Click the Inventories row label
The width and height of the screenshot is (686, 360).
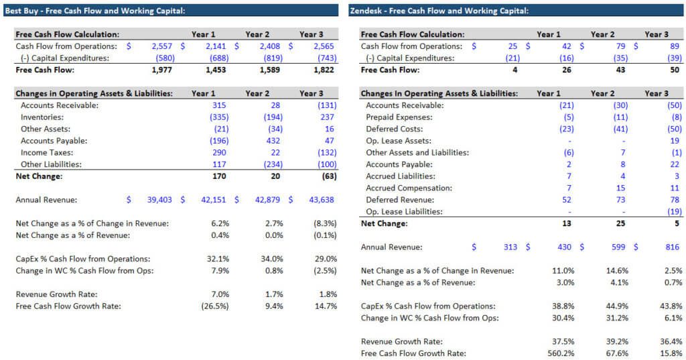coord(44,117)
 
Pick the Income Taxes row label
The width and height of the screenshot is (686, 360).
coord(47,153)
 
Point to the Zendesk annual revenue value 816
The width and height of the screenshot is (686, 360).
coord(674,247)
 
